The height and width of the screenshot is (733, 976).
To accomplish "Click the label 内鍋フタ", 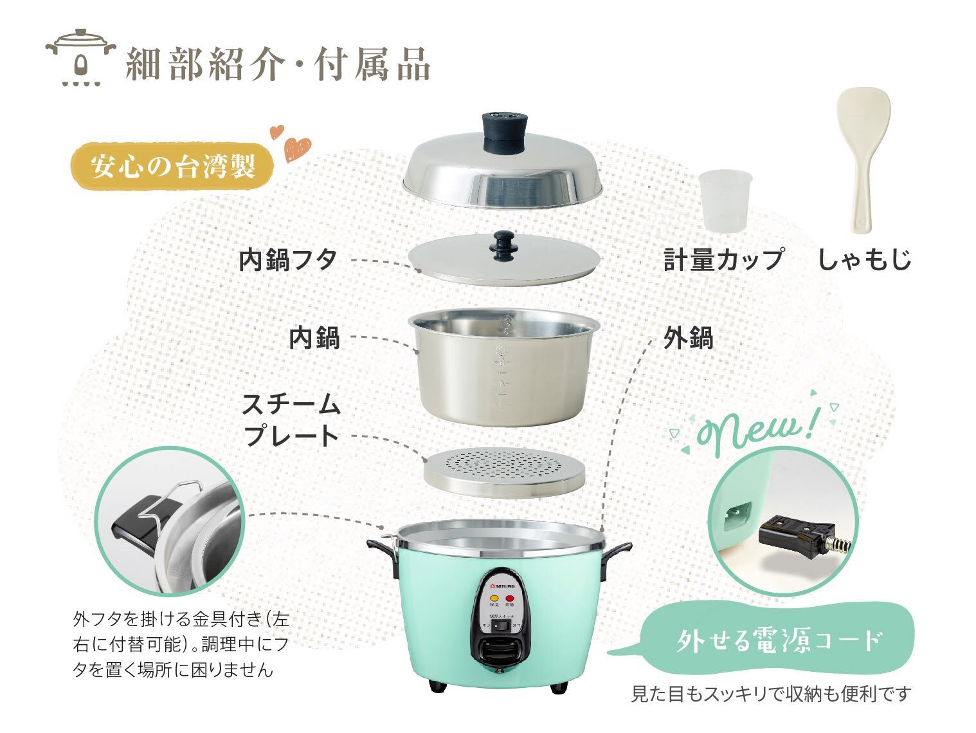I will click(288, 260).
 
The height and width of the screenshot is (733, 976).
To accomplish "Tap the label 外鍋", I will click(689, 337).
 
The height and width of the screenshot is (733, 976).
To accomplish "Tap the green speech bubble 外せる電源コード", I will click(778, 640).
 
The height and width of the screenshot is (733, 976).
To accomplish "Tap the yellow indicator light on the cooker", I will click(494, 597).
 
